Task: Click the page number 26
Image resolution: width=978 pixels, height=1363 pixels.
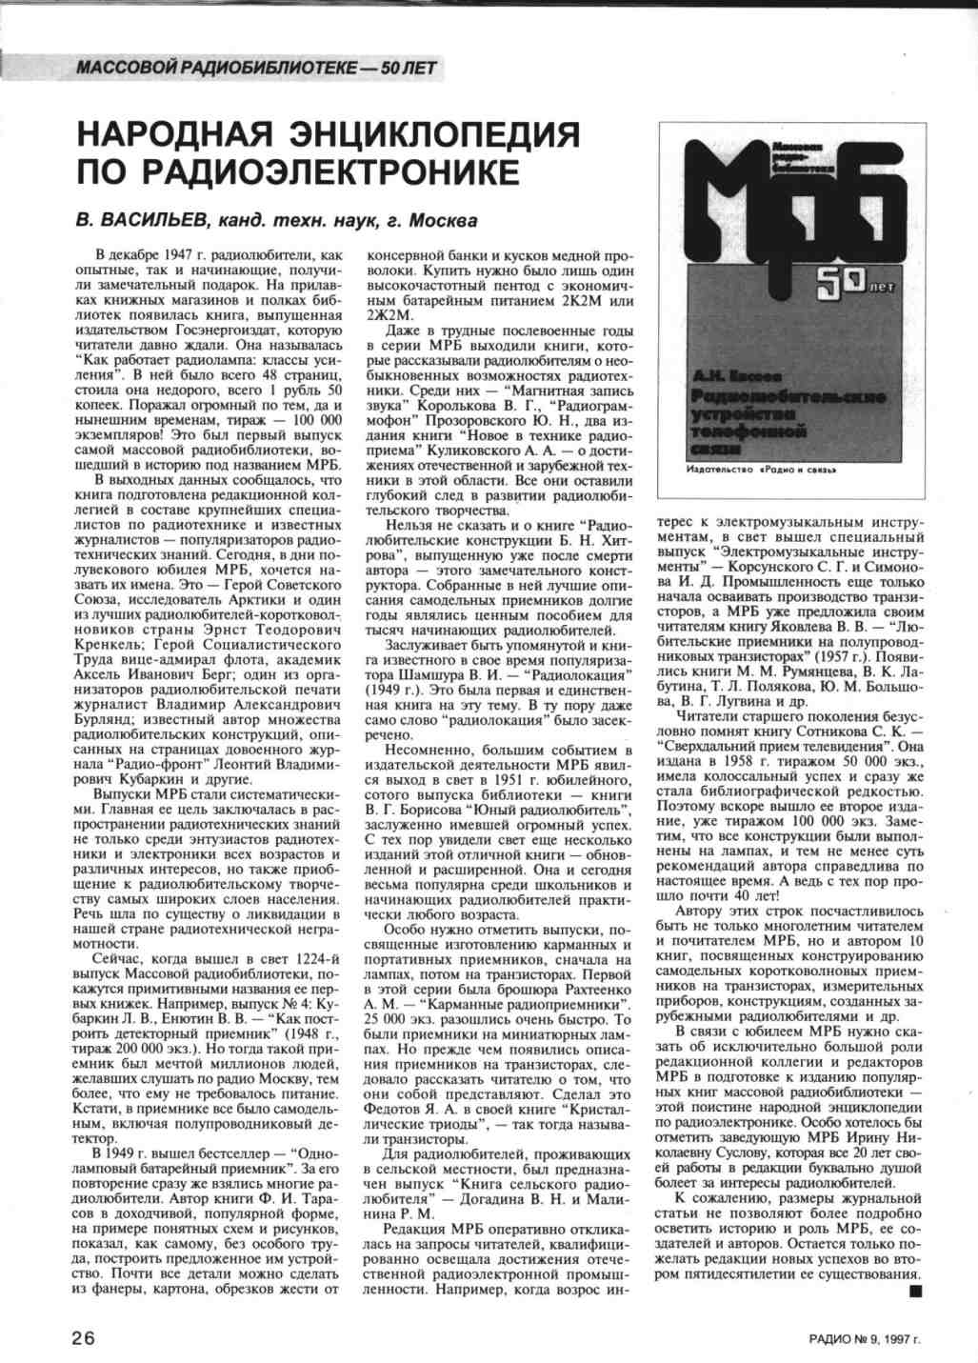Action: (x=84, y=1337)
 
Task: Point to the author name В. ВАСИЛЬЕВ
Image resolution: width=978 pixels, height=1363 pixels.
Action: (x=142, y=221)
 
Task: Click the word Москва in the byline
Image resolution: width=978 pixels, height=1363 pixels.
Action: (x=443, y=221)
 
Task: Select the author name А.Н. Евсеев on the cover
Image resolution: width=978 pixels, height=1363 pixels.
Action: (x=738, y=377)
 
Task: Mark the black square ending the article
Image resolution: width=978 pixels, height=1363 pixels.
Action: (x=916, y=1291)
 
